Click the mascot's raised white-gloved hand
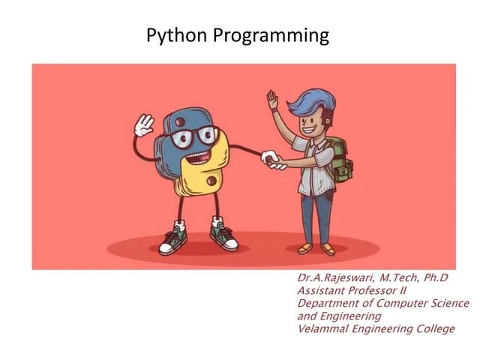pos(143,124)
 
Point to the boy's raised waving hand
pos(272,100)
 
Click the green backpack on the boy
pos(340,160)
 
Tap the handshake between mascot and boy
pos(271,160)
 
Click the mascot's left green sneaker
pos(173,239)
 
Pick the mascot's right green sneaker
pos(223,235)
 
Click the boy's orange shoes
pos(316,247)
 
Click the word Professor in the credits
pos(372,291)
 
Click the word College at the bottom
pos(434,329)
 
